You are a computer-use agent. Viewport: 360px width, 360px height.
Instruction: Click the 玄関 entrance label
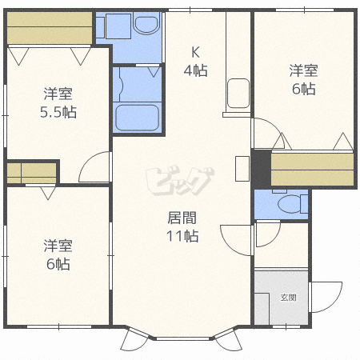point(289,298)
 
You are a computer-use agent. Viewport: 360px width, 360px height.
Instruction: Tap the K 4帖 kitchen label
point(195,62)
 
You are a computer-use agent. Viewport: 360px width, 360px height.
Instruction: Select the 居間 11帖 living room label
point(182,226)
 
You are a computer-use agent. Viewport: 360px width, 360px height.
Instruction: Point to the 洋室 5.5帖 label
point(58,102)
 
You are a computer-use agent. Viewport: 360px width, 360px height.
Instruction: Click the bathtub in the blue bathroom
point(137,118)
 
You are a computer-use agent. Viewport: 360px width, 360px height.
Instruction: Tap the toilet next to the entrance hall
point(293,204)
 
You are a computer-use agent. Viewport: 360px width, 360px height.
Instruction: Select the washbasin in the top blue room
point(146,23)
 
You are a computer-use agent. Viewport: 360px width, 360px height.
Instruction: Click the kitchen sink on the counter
point(238,94)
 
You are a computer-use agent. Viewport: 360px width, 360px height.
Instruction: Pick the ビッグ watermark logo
point(180,182)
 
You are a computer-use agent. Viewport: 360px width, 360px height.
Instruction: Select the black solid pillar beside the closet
point(262,169)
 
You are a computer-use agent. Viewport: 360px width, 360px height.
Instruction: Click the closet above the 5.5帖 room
point(50,28)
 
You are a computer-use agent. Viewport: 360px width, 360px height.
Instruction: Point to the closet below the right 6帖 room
point(312,170)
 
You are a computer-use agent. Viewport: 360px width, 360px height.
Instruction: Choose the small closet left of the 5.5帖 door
point(31,173)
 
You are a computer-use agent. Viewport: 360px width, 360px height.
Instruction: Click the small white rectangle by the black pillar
point(242,169)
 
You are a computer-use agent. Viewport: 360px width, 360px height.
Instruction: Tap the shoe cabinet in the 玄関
point(262,309)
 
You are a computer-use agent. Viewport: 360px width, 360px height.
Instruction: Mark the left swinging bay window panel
point(134,340)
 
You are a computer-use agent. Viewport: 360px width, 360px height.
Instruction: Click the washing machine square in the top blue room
point(118,26)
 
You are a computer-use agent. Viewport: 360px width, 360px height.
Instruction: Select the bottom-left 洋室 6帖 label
point(58,255)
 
